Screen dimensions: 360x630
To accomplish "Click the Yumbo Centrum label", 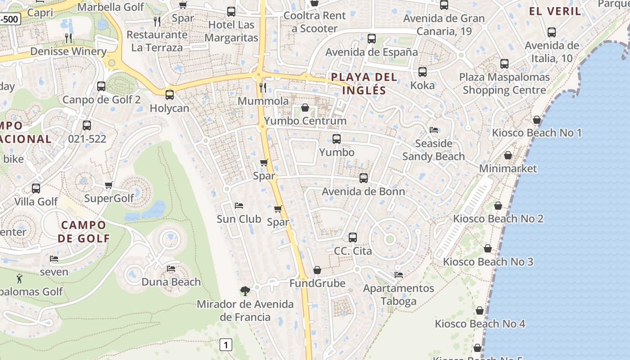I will pos(305,121).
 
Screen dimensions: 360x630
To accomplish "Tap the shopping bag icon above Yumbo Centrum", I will pos(305,108).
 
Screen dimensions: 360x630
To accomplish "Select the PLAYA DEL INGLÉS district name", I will pos(364,83).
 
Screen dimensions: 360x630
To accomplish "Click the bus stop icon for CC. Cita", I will pos(353,237).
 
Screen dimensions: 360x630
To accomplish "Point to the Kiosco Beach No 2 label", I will pos(498,219).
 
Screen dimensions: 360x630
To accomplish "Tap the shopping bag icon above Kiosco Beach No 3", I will pos(488,248).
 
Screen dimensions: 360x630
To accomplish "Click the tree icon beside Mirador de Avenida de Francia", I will pos(245,291).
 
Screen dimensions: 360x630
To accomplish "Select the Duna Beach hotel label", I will pos(171,282).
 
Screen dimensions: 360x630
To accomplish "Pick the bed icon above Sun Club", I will pos(239,206).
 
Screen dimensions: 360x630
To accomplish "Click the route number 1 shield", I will pos(226,345).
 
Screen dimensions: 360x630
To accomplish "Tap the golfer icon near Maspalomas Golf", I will pos(19,278).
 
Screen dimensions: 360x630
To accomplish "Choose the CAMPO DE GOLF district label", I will pos(84,231).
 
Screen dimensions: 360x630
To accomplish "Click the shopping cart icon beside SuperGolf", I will pos(108,185).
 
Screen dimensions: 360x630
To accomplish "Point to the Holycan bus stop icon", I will pos(170,95).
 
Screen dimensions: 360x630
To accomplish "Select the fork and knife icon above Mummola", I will pos(263,87).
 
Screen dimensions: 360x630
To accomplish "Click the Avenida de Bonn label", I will pos(363,192).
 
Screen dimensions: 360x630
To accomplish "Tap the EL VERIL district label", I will pos(555,11).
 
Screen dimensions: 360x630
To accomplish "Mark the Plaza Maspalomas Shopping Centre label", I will pos(504,83).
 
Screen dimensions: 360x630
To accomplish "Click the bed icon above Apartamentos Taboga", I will pos(399,274).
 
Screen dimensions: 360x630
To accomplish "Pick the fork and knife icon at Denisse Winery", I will pos(68,38).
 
